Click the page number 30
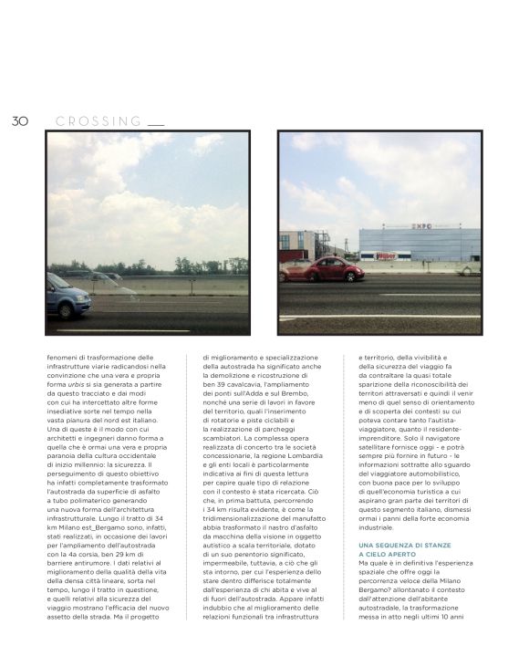click(20, 120)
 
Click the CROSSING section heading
click(99, 120)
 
